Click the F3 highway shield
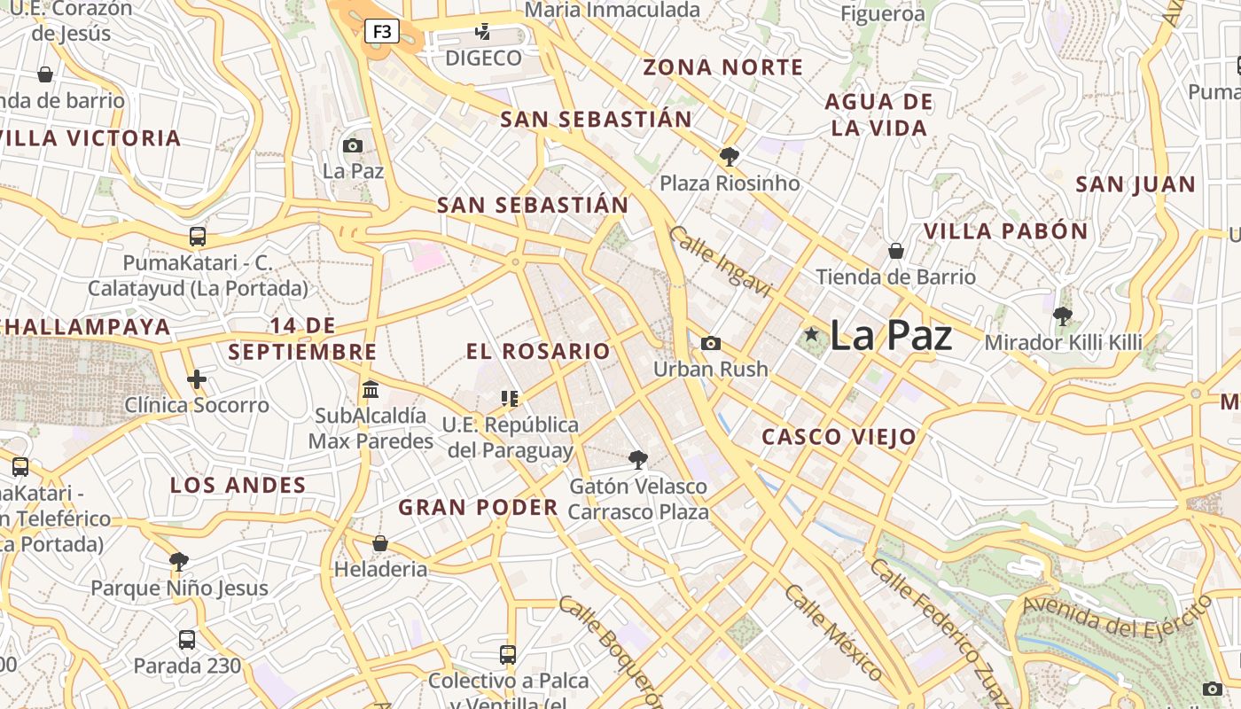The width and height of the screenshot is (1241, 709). tap(382, 32)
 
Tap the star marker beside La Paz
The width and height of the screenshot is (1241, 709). tap(811, 334)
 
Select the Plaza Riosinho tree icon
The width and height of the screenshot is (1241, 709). tap(730, 158)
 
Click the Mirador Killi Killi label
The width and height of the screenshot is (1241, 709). tap(1063, 342)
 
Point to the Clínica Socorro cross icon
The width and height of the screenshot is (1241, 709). tap(197, 380)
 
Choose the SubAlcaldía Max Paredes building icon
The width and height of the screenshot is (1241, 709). tap(371, 389)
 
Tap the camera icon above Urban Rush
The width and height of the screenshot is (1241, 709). tap(711, 343)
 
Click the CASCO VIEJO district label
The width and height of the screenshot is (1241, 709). tap(839, 437)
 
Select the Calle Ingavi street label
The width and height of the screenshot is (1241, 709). tap(720, 261)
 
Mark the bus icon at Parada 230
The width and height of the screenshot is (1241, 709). tap(187, 639)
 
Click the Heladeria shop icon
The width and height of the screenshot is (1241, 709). tap(380, 543)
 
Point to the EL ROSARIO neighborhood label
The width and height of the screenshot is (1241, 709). tap(538, 351)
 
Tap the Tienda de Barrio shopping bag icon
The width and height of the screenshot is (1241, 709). tap(896, 251)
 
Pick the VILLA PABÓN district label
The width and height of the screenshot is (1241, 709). tap(1005, 231)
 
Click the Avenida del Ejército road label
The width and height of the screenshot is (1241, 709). tap(1117, 617)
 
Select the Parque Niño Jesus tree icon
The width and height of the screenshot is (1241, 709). tap(179, 561)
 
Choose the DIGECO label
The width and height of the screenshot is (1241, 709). tap(483, 58)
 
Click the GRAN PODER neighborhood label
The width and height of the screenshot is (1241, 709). tap(478, 508)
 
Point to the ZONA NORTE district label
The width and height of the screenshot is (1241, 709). tap(722, 67)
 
